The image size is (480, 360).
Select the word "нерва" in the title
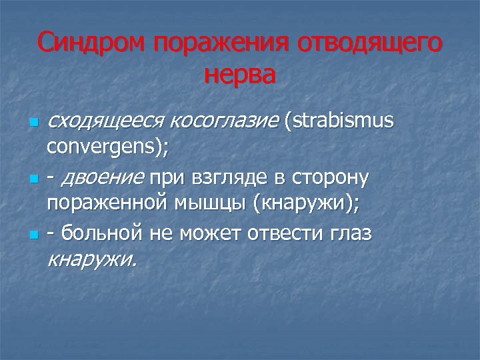(x=239, y=74)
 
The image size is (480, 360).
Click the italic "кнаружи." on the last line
(x=93, y=258)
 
